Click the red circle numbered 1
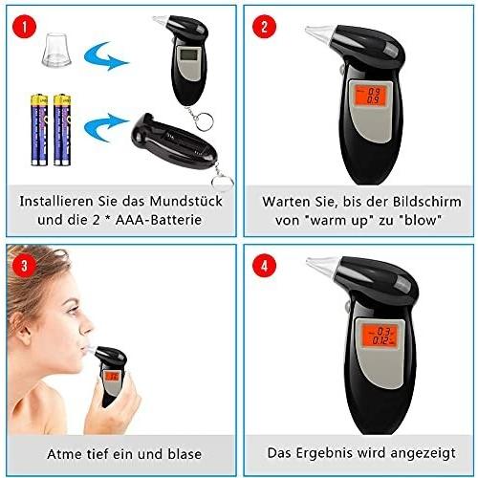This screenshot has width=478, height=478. click(25, 26)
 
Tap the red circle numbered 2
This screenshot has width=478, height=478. click(264, 26)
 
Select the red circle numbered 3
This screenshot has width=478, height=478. click(25, 266)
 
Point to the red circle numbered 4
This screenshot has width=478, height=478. click(264, 265)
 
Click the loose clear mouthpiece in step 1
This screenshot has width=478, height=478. click(56, 50)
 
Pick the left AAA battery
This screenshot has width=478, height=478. click(39, 130)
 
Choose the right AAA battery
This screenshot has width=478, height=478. click(62, 130)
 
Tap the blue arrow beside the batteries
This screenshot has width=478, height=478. click(105, 127)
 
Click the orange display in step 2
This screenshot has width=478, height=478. click(370, 96)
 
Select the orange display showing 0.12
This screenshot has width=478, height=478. click(380, 336)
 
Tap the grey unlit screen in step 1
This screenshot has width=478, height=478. click(188, 54)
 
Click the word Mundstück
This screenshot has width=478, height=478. click(185, 202)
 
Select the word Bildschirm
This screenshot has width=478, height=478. click(427, 202)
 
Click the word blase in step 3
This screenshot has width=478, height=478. click(185, 454)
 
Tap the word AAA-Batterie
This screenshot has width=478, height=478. click(159, 220)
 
